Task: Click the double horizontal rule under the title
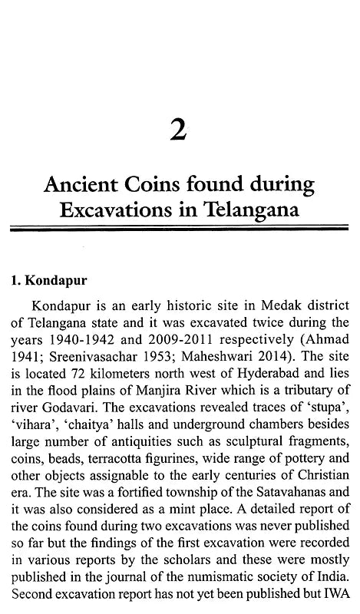(x=180, y=229)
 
